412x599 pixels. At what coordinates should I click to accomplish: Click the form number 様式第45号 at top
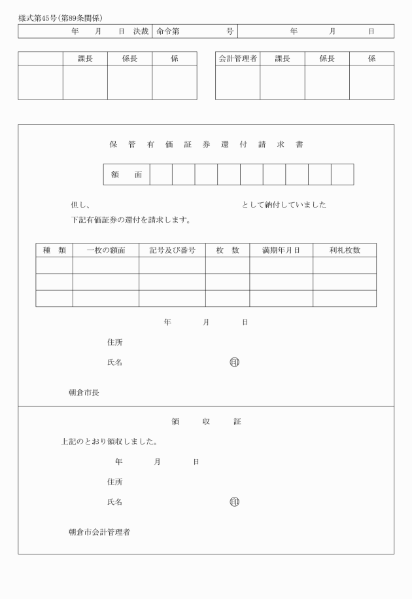[38, 18]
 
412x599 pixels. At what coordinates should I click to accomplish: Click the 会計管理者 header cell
[237, 58]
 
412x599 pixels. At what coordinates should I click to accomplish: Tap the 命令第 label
[168, 31]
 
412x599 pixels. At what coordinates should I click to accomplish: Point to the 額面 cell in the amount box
[127, 175]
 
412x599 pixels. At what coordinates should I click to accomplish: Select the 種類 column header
[54, 250]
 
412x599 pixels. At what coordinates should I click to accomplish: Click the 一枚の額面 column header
[106, 250]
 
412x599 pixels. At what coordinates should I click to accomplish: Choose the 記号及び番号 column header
[172, 250]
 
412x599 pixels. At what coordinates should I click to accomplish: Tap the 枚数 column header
[228, 250]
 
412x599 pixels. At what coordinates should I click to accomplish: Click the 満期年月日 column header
[281, 250]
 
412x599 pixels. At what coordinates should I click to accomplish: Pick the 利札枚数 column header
[344, 250]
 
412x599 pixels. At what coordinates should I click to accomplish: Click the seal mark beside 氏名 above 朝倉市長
[234, 362]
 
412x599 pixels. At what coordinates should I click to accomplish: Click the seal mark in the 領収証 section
[234, 502]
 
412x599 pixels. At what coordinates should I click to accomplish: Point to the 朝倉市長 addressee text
[84, 393]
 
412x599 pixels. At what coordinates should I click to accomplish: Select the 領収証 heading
[206, 422]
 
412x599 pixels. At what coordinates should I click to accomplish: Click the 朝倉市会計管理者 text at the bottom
[99, 532]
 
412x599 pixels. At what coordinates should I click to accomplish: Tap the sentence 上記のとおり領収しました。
[109, 442]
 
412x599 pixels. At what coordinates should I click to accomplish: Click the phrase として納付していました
[284, 205]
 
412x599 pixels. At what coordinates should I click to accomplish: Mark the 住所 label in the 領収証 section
[114, 482]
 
